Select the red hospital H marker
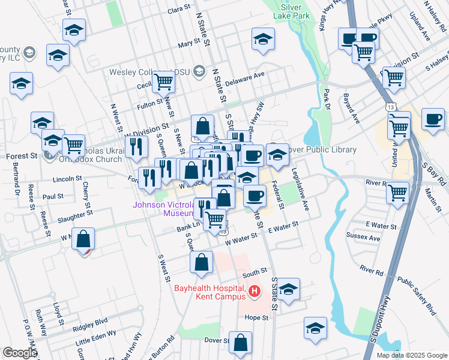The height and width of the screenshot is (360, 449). click(254, 292)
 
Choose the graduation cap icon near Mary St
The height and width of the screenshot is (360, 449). click(262, 40)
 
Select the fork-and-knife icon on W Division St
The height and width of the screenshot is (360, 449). click(137, 146)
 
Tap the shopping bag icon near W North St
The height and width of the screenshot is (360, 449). click(83, 238)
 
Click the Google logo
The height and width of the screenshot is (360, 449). click(20, 353)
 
